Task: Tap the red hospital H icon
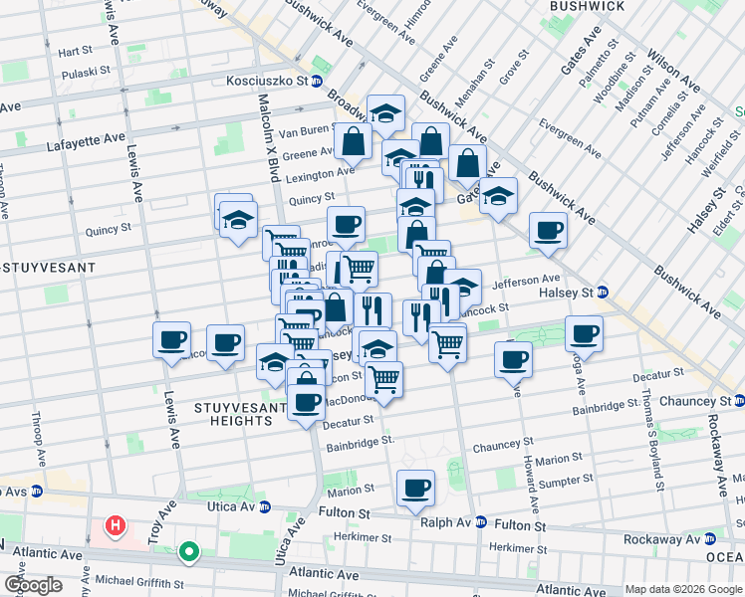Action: coord(117,524)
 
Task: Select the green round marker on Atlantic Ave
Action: coord(188,550)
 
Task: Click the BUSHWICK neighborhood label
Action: coord(588,6)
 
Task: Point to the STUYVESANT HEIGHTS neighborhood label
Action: coord(219,414)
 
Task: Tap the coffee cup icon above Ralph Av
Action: coord(415,488)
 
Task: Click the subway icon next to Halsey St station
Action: coord(602,292)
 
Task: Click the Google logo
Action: coord(32,586)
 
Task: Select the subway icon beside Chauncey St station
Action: coord(739,401)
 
